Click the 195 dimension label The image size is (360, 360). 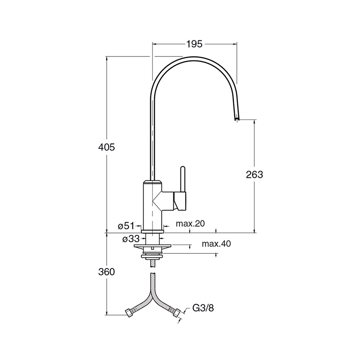(194, 44)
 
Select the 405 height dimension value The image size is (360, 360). (106, 147)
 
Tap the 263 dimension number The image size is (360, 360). (254, 175)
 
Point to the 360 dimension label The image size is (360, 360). (106, 272)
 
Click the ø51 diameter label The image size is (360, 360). (126, 226)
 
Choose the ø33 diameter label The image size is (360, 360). (131, 239)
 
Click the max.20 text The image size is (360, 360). (190, 224)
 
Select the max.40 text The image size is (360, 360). (216, 244)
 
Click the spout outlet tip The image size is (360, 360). (236, 119)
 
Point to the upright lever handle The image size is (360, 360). (182, 179)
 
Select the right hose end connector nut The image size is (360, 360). (176, 313)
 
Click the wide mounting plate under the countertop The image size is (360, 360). (152, 247)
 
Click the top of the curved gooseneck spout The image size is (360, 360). (194, 59)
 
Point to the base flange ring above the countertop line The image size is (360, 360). (152, 232)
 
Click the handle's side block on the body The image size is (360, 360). (180, 201)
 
